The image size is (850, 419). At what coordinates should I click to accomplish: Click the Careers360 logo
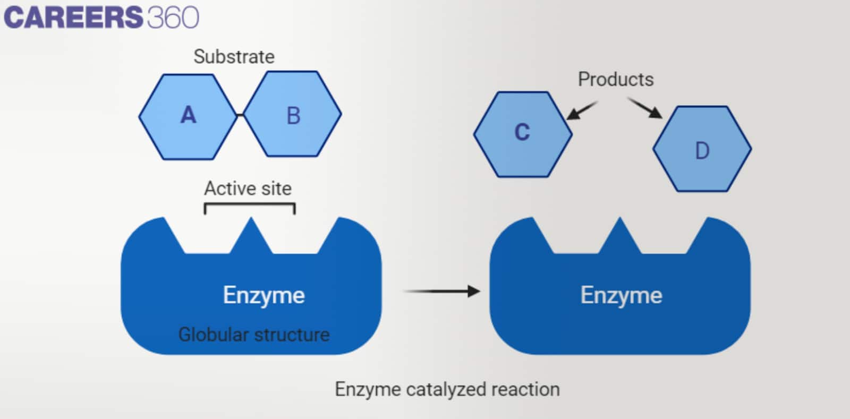point(101,17)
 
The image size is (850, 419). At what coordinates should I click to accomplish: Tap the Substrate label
point(234,57)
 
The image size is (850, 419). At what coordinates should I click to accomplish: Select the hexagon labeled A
point(188,115)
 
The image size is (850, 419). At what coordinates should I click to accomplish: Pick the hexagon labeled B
point(293,115)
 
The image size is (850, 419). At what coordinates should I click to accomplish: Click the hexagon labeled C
point(522,133)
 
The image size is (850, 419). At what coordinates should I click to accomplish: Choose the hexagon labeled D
point(702,150)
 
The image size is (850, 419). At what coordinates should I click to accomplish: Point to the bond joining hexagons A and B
point(240,115)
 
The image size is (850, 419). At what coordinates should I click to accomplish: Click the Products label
point(616,80)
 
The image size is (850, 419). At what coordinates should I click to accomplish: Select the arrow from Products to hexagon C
point(581,110)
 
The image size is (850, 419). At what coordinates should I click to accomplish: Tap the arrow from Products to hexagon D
point(645,108)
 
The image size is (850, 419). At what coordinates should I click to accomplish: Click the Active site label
point(248,189)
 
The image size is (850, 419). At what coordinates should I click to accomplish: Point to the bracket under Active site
point(250,204)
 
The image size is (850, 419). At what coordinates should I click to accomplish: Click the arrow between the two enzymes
point(441,291)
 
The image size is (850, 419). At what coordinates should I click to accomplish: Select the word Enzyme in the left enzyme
point(263,295)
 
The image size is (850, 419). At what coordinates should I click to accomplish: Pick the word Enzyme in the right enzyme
point(621,295)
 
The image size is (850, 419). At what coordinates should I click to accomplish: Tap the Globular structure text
point(254,335)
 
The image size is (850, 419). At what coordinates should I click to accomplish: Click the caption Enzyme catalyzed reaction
point(447,389)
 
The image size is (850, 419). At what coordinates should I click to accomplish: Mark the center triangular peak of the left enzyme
point(251,236)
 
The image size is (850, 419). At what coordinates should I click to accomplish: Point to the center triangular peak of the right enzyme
point(619,236)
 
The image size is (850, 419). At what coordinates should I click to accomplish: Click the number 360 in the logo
point(173,17)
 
